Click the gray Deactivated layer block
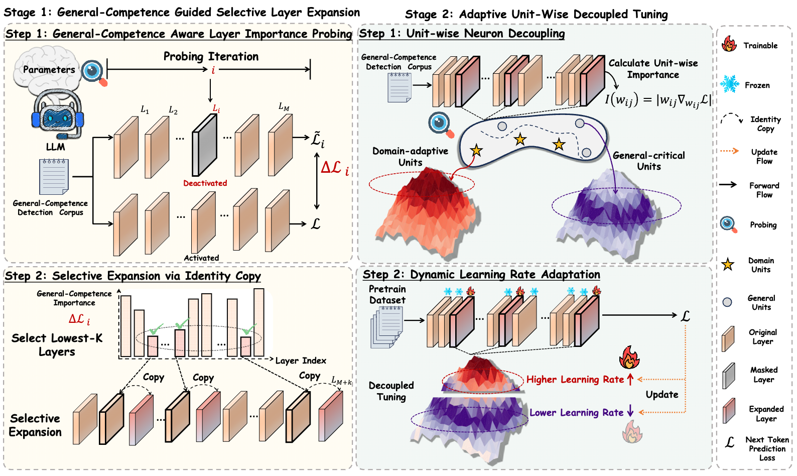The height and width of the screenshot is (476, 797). [x=204, y=146]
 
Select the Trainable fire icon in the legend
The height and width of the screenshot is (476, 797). [x=729, y=44]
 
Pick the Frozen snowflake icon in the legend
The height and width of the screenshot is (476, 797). [x=730, y=84]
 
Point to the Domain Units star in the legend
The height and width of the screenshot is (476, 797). [x=728, y=264]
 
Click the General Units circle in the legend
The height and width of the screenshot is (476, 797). [x=727, y=302]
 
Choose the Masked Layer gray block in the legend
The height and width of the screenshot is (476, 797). [x=729, y=376]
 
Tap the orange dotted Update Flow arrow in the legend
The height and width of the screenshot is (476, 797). [x=729, y=151]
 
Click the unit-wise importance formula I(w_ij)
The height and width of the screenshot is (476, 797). [x=657, y=100]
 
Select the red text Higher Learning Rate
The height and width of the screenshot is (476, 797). [x=575, y=380]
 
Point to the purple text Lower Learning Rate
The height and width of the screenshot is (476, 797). [x=576, y=413]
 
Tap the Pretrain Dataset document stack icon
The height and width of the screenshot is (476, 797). [x=387, y=327]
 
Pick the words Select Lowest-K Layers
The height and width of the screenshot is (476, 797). [x=57, y=344]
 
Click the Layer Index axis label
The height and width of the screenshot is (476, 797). [x=301, y=361]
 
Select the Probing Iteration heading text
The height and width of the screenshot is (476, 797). [x=211, y=56]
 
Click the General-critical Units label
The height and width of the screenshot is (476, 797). [x=648, y=161]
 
